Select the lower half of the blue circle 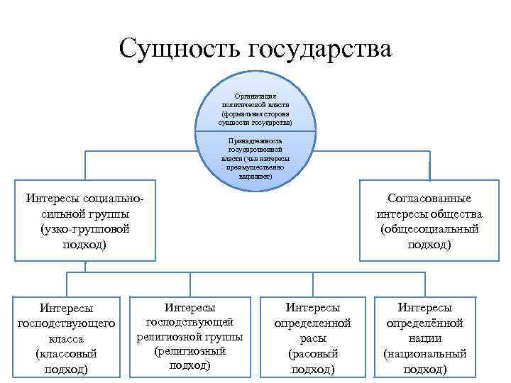(256, 160)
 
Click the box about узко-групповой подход (84, 221)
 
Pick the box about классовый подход (67, 338)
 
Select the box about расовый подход (313, 338)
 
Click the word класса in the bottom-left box (67, 338)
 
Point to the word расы (313, 338)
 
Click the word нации (425, 338)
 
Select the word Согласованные (429, 199)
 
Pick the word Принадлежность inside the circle (256, 141)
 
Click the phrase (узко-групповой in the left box (84, 229)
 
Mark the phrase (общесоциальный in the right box (429, 229)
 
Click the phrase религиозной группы (190, 335)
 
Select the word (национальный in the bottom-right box (425, 353)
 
